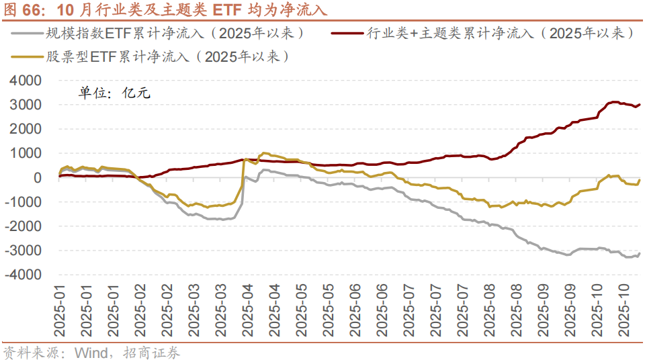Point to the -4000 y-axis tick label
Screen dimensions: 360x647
click(24, 275)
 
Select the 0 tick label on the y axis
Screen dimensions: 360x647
click(38, 177)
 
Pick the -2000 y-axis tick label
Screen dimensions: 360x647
click(24, 226)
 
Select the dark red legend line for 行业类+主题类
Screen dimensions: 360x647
click(347, 32)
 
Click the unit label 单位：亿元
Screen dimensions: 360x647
click(114, 93)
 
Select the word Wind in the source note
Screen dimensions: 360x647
click(90, 352)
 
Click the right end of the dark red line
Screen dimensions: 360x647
click(640, 104)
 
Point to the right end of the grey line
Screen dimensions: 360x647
click(640, 253)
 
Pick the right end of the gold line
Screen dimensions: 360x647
click(640, 179)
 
